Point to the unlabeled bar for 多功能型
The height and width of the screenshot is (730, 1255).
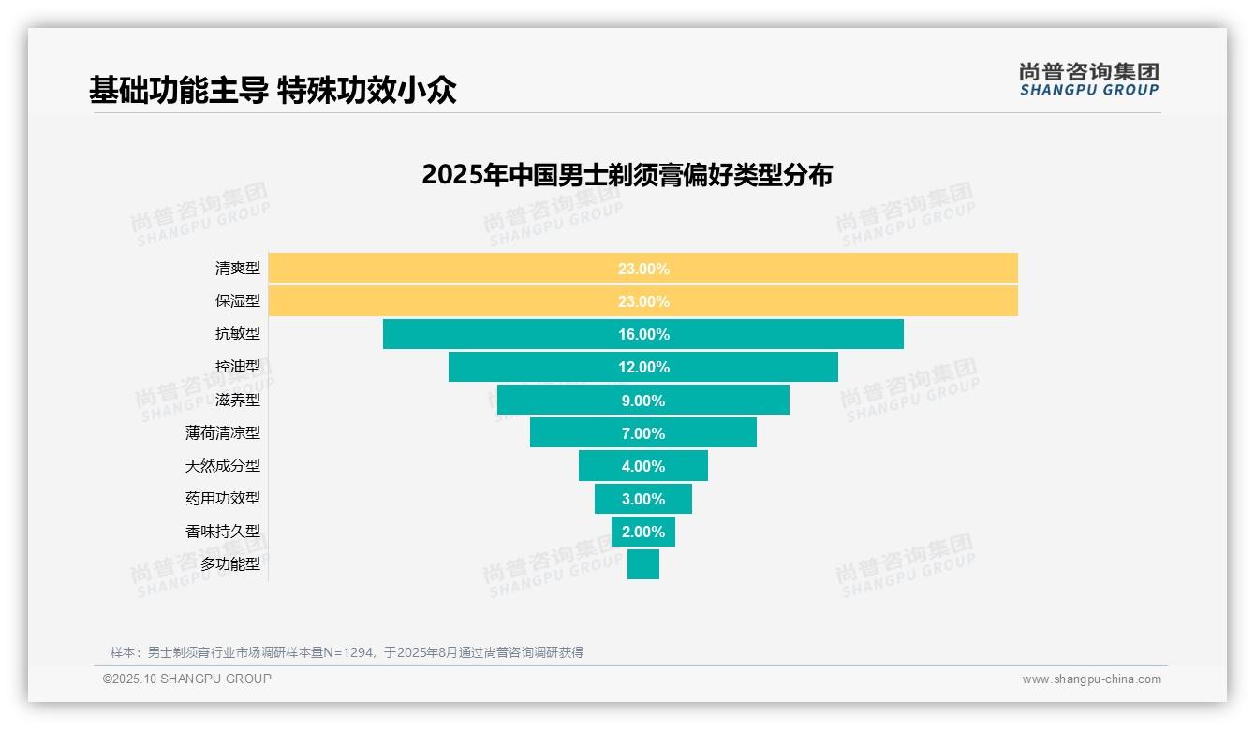click(x=643, y=564)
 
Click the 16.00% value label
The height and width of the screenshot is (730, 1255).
click(x=643, y=334)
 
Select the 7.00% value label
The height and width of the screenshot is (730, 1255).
click(x=643, y=433)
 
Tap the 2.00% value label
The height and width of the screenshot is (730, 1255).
click(x=643, y=532)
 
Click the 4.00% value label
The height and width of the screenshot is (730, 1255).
click(x=643, y=466)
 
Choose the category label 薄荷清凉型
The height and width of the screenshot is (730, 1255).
click(x=223, y=433)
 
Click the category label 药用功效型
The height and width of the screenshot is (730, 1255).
click(x=223, y=499)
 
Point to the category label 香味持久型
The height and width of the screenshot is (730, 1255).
click(x=223, y=532)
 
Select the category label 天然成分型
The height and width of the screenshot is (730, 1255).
click(x=223, y=466)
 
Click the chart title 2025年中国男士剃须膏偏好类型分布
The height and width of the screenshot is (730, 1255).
click(x=627, y=175)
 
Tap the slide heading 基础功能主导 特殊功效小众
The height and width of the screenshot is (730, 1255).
click(x=273, y=91)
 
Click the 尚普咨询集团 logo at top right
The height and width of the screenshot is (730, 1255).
click(x=1089, y=80)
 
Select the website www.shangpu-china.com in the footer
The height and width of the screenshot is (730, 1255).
click(x=1091, y=679)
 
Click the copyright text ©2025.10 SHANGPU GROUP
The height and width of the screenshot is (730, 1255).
click(x=187, y=679)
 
